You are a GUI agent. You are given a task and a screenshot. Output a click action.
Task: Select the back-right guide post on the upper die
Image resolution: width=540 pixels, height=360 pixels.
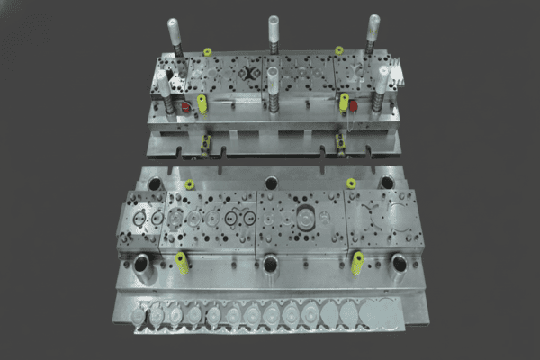pyautogui.click(x=372, y=20)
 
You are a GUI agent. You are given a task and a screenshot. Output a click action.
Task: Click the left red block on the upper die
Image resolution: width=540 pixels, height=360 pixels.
pyautogui.click(x=186, y=107)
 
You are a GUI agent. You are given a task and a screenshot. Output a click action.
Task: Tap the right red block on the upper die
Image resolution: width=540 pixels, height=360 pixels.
pyautogui.click(x=354, y=105)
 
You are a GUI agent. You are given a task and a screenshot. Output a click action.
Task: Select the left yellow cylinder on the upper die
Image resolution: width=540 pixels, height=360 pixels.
pyautogui.click(x=202, y=103)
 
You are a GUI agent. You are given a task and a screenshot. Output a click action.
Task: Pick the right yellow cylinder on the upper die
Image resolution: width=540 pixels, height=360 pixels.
pyautogui.click(x=342, y=102)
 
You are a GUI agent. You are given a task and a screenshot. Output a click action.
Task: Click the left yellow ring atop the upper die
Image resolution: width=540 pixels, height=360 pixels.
pyautogui.click(x=208, y=51)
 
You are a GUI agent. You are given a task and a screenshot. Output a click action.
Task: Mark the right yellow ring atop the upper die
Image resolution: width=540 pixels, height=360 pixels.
pyautogui.click(x=339, y=50)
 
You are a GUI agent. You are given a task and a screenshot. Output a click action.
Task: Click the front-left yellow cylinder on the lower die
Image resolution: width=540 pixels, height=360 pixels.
pyautogui.click(x=183, y=262)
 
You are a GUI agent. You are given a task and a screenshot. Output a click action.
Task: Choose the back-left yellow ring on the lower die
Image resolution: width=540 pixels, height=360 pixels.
pyautogui.click(x=189, y=184)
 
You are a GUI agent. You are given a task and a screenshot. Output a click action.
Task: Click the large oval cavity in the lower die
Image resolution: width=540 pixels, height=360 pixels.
pyautogui.click(x=306, y=218)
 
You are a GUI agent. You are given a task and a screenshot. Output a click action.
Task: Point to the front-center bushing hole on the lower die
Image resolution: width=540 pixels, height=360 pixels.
pyautogui.click(x=270, y=263)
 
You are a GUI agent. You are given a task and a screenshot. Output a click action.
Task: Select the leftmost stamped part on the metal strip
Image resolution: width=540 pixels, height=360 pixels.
pyautogui.click(x=138, y=318)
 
